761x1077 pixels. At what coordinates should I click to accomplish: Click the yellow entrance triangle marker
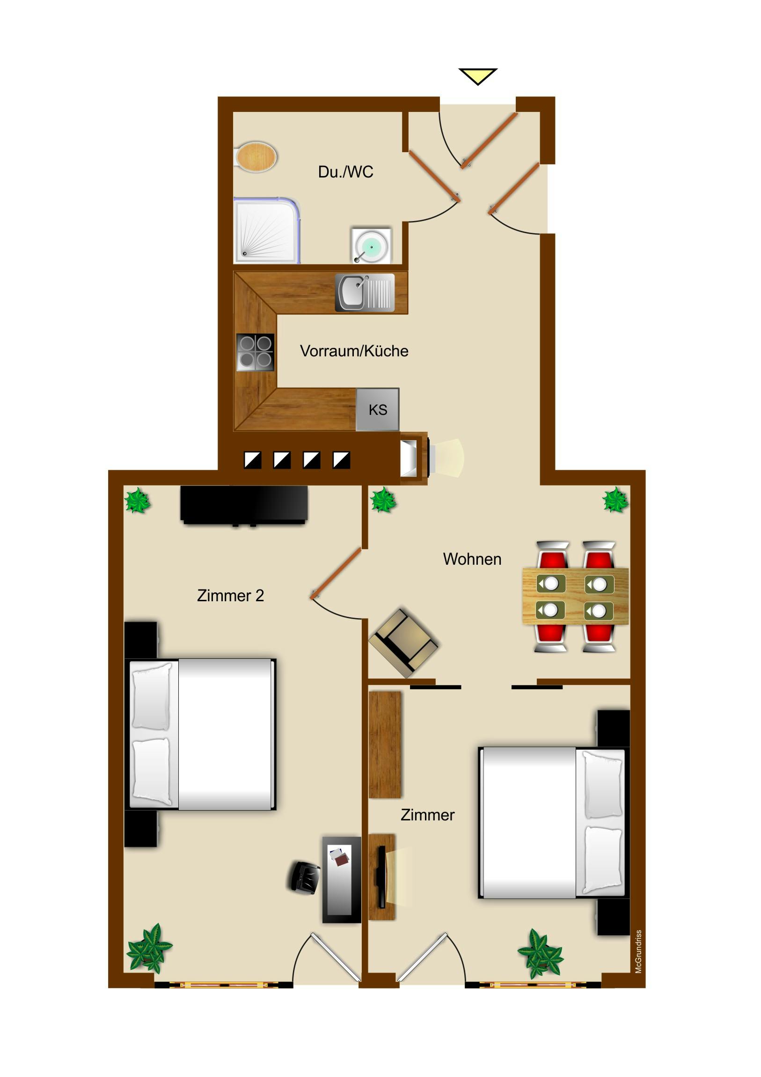pos(477,75)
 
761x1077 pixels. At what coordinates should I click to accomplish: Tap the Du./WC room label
pos(345,172)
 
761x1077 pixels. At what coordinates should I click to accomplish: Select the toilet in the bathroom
pos(256,157)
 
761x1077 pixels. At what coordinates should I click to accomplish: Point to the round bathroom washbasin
pos(371,246)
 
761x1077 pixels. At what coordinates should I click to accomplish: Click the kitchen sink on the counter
pos(364,292)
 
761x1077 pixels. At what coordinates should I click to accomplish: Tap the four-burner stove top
pos(255,352)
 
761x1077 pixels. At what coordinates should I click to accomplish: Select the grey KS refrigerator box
pos(377,410)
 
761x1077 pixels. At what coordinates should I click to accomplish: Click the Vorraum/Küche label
pos(354,351)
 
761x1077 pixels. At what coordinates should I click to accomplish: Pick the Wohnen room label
pos(472,559)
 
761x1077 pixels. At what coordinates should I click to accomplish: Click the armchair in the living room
pos(404,642)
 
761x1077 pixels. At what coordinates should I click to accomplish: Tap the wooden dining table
pos(575,597)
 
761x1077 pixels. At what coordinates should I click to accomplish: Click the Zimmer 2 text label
pos(230,596)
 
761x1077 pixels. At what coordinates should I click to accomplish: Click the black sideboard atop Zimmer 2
pos(244,504)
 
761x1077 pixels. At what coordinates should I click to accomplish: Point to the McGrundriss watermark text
pos(638,952)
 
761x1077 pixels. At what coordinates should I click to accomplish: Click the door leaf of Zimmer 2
pos(336,574)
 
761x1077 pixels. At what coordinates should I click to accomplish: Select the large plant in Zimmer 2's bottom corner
pos(150,948)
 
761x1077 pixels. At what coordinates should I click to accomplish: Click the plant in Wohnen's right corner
pos(615,500)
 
